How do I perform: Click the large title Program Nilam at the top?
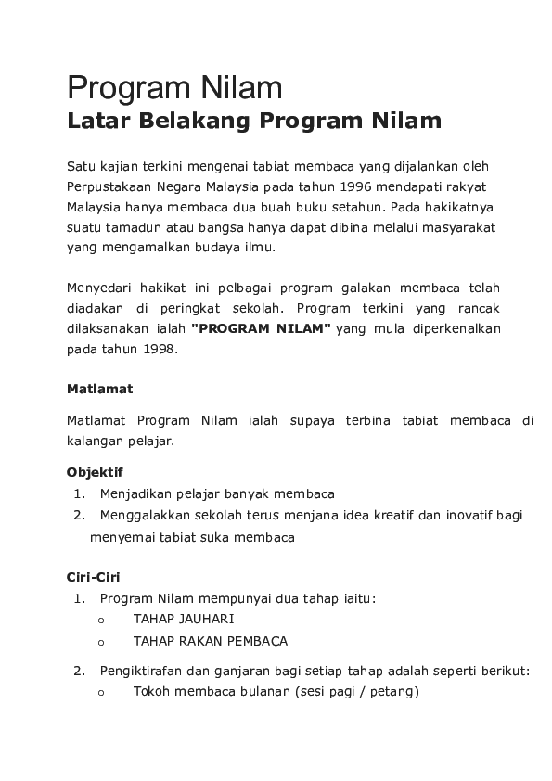tap(173, 90)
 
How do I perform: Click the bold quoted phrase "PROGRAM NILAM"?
tap(261, 329)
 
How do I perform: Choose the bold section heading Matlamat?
tap(99, 389)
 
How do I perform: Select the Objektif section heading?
tap(95, 472)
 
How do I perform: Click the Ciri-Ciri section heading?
tap(93, 576)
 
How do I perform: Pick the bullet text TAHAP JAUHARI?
tap(184, 619)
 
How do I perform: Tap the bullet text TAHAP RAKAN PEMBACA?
tap(211, 641)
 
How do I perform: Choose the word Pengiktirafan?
tap(143, 671)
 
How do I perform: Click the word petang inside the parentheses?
tap(393, 691)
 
